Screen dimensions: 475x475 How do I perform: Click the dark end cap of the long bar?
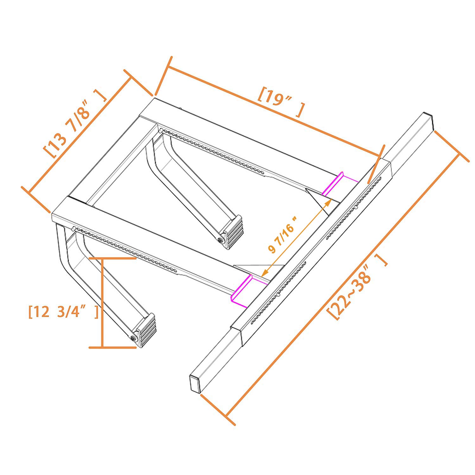(x=195, y=383)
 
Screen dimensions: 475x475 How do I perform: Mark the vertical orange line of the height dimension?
(x=102, y=302)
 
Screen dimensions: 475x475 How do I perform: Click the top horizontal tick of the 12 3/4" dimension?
(x=112, y=258)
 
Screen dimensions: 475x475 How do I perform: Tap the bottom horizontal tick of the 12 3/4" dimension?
(x=112, y=347)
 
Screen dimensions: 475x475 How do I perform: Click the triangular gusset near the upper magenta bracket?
(x=320, y=199)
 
